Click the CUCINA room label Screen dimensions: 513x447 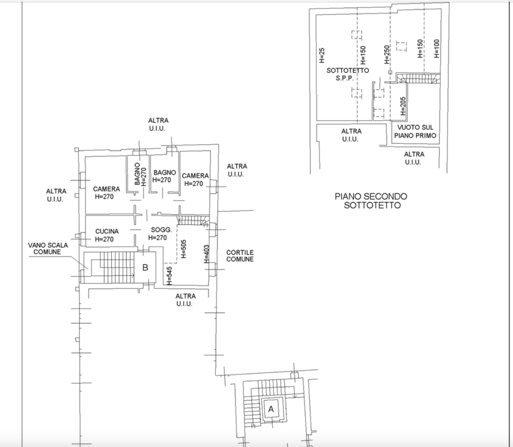pyautogui.click(x=107, y=231)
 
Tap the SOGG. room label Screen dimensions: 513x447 pyautogui.click(x=161, y=230)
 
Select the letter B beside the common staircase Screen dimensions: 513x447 pyautogui.click(x=145, y=268)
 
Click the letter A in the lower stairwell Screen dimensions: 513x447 pyautogui.click(x=271, y=409)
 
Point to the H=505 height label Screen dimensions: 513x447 pyautogui.click(x=184, y=249)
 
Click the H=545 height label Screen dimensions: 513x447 pyautogui.click(x=169, y=276)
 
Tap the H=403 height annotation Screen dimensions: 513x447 pyautogui.click(x=207, y=254)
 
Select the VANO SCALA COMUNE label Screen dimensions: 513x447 pyautogui.click(x=48, y=248)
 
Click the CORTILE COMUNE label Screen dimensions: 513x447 pyautogui.click(x=240, y=256)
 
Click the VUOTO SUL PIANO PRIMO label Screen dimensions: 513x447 pyautogui.click(x=415, y=131)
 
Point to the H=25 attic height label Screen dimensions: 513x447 pyautogui.click(x=322, y=55)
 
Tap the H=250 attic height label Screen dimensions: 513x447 pyautogui.click(x=387, y=55)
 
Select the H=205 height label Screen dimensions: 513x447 pyautogui.click(x=403, y=106)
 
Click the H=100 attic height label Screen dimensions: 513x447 pyautogui.click(x=437, y=49)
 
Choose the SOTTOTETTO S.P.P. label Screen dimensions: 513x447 pyautogui.click(x=348, y=74)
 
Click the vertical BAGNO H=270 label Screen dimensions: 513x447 pyautogui.click(x=140, y=174)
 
